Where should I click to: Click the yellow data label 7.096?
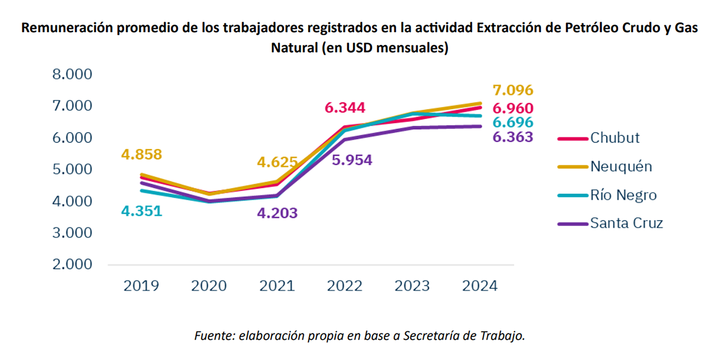tap(513, 90)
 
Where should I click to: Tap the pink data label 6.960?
tap(513, 108)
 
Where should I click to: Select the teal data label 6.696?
tap(513, 123)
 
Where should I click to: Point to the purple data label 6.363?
tap(513, 137)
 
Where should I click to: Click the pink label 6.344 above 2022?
tap(345, 108)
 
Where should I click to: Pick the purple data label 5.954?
tap(352, 160)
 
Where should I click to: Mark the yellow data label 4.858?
tap(141, 154)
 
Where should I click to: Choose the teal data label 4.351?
tap(141, 211)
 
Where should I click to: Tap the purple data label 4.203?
tap(277, 213)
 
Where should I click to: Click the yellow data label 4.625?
tap(277, 162)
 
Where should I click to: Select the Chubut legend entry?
tap(614, 138)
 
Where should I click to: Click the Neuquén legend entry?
tap(621, 167)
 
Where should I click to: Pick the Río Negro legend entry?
tap(623, 195)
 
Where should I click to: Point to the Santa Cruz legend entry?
tap(626, 223)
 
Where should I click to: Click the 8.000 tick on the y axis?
tap(72, 74)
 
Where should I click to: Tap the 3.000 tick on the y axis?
tap(72, 233)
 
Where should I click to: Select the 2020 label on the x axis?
tap(209, 286)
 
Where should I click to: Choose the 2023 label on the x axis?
tap(412, 286)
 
